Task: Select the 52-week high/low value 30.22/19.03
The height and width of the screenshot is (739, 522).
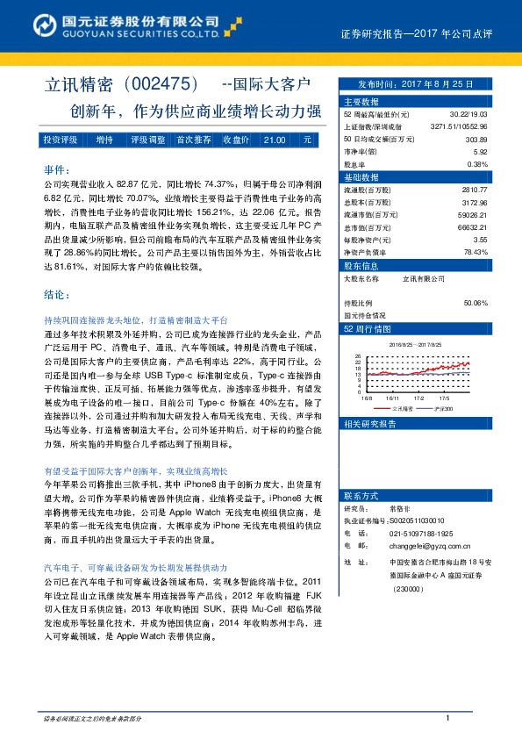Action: [x=469, y=114]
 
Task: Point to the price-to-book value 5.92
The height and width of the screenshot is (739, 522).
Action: [x=480, y=151]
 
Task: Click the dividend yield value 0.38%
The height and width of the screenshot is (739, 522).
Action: [x=477, y=163]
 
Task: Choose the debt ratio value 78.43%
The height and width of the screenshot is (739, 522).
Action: [x=475, y=251]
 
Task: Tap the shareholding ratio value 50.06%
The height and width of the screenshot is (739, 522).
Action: [x=475, y=303]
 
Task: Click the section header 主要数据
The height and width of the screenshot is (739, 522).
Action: [x=361, y=102]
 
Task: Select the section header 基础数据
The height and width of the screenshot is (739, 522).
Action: [x=361, y=176]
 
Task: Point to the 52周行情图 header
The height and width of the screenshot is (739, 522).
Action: [x=364, y=328]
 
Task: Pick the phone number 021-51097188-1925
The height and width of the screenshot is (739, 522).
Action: [x=421, y=533]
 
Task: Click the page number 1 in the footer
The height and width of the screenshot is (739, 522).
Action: [x=448, y=719]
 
